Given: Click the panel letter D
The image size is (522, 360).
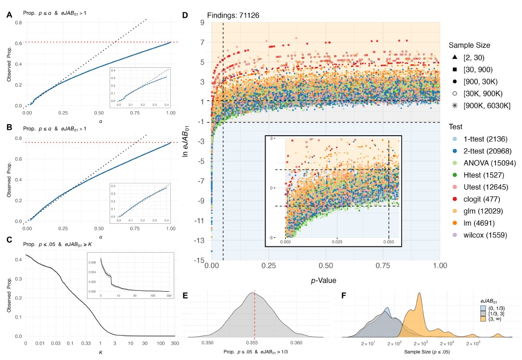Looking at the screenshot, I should [186, 15].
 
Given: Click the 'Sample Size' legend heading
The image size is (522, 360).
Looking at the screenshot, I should [469, 45].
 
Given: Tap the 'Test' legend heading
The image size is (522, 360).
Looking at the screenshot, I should [456, 126].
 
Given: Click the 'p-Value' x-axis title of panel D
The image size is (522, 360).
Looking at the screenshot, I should [326, 280].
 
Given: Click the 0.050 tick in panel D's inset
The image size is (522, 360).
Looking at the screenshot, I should [389, 241].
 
